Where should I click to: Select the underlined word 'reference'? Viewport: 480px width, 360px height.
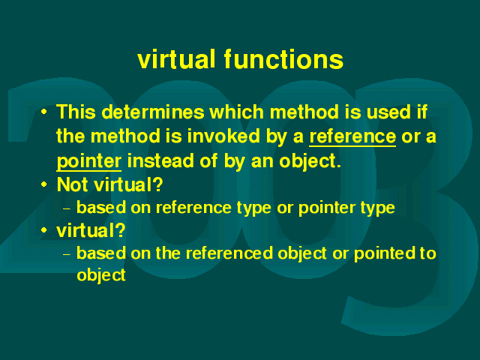click(352, 136)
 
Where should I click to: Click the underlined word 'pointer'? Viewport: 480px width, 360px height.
click(89, 161)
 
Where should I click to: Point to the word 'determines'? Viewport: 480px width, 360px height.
click(153, 112)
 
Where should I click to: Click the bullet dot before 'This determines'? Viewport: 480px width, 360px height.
click(44, 112)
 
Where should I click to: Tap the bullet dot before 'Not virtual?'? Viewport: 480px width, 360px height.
click(44, 184)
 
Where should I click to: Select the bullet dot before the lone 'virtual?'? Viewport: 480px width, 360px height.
click(44, 229)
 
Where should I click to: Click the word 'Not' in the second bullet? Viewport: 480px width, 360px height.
click(73, 184)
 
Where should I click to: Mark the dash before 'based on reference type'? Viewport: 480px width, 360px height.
click(67, 209)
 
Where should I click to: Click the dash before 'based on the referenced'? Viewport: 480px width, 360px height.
click(67, 254)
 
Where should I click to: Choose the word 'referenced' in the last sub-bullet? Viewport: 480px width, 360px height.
click(229, 253)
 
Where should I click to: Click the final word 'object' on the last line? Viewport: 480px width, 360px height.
click(101, 275)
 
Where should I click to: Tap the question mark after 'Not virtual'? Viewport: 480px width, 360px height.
click(158, 184)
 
